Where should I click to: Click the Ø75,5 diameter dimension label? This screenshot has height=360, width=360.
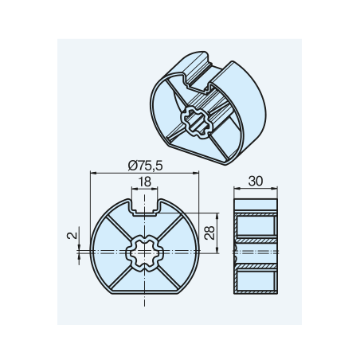tap(145, 166)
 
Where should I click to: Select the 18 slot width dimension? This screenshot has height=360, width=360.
tap(145, 182)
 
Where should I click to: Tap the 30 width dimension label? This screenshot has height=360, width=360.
tap(256, 181)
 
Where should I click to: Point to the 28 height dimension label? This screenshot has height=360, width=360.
tap(209, 233)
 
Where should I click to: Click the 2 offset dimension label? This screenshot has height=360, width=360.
tap(72, 236)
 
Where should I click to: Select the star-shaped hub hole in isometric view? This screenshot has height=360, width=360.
tap(197, 123)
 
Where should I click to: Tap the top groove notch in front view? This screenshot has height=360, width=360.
tap(145, 207)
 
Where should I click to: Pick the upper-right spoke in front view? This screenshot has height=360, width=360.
tap(170, 227)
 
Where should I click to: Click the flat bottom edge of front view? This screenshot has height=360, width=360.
tap(145, 293)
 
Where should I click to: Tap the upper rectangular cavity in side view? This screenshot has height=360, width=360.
tap(256, 225)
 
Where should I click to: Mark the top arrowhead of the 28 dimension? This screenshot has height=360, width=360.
tap(217, 216)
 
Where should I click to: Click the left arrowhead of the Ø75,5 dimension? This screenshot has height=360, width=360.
tap(93, 173)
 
